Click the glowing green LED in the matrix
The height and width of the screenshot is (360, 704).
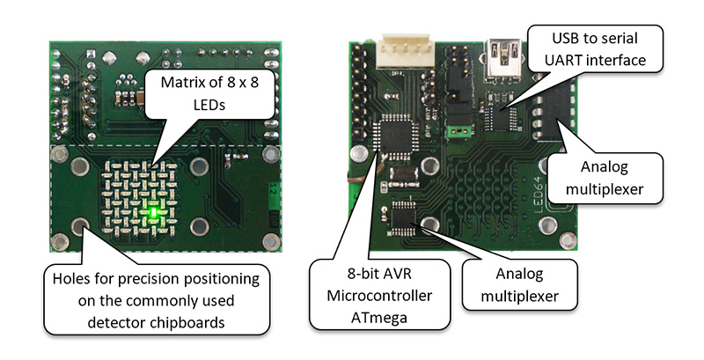pos(154,211)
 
